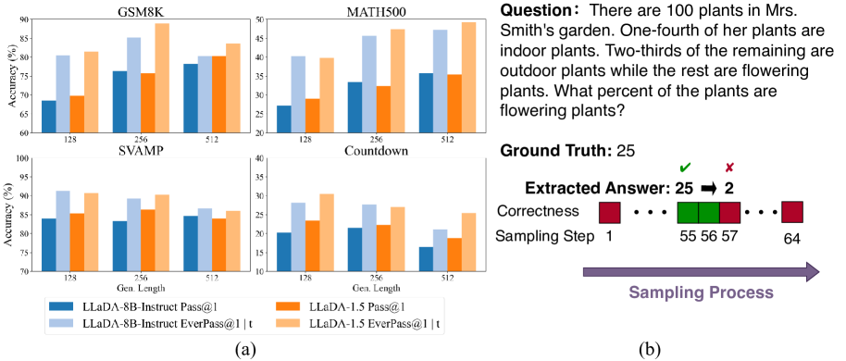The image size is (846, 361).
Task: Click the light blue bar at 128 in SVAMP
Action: coord(63,231)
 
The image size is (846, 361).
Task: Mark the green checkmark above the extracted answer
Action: coord(685,168)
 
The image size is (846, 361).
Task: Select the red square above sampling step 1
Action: coord(610,213)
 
